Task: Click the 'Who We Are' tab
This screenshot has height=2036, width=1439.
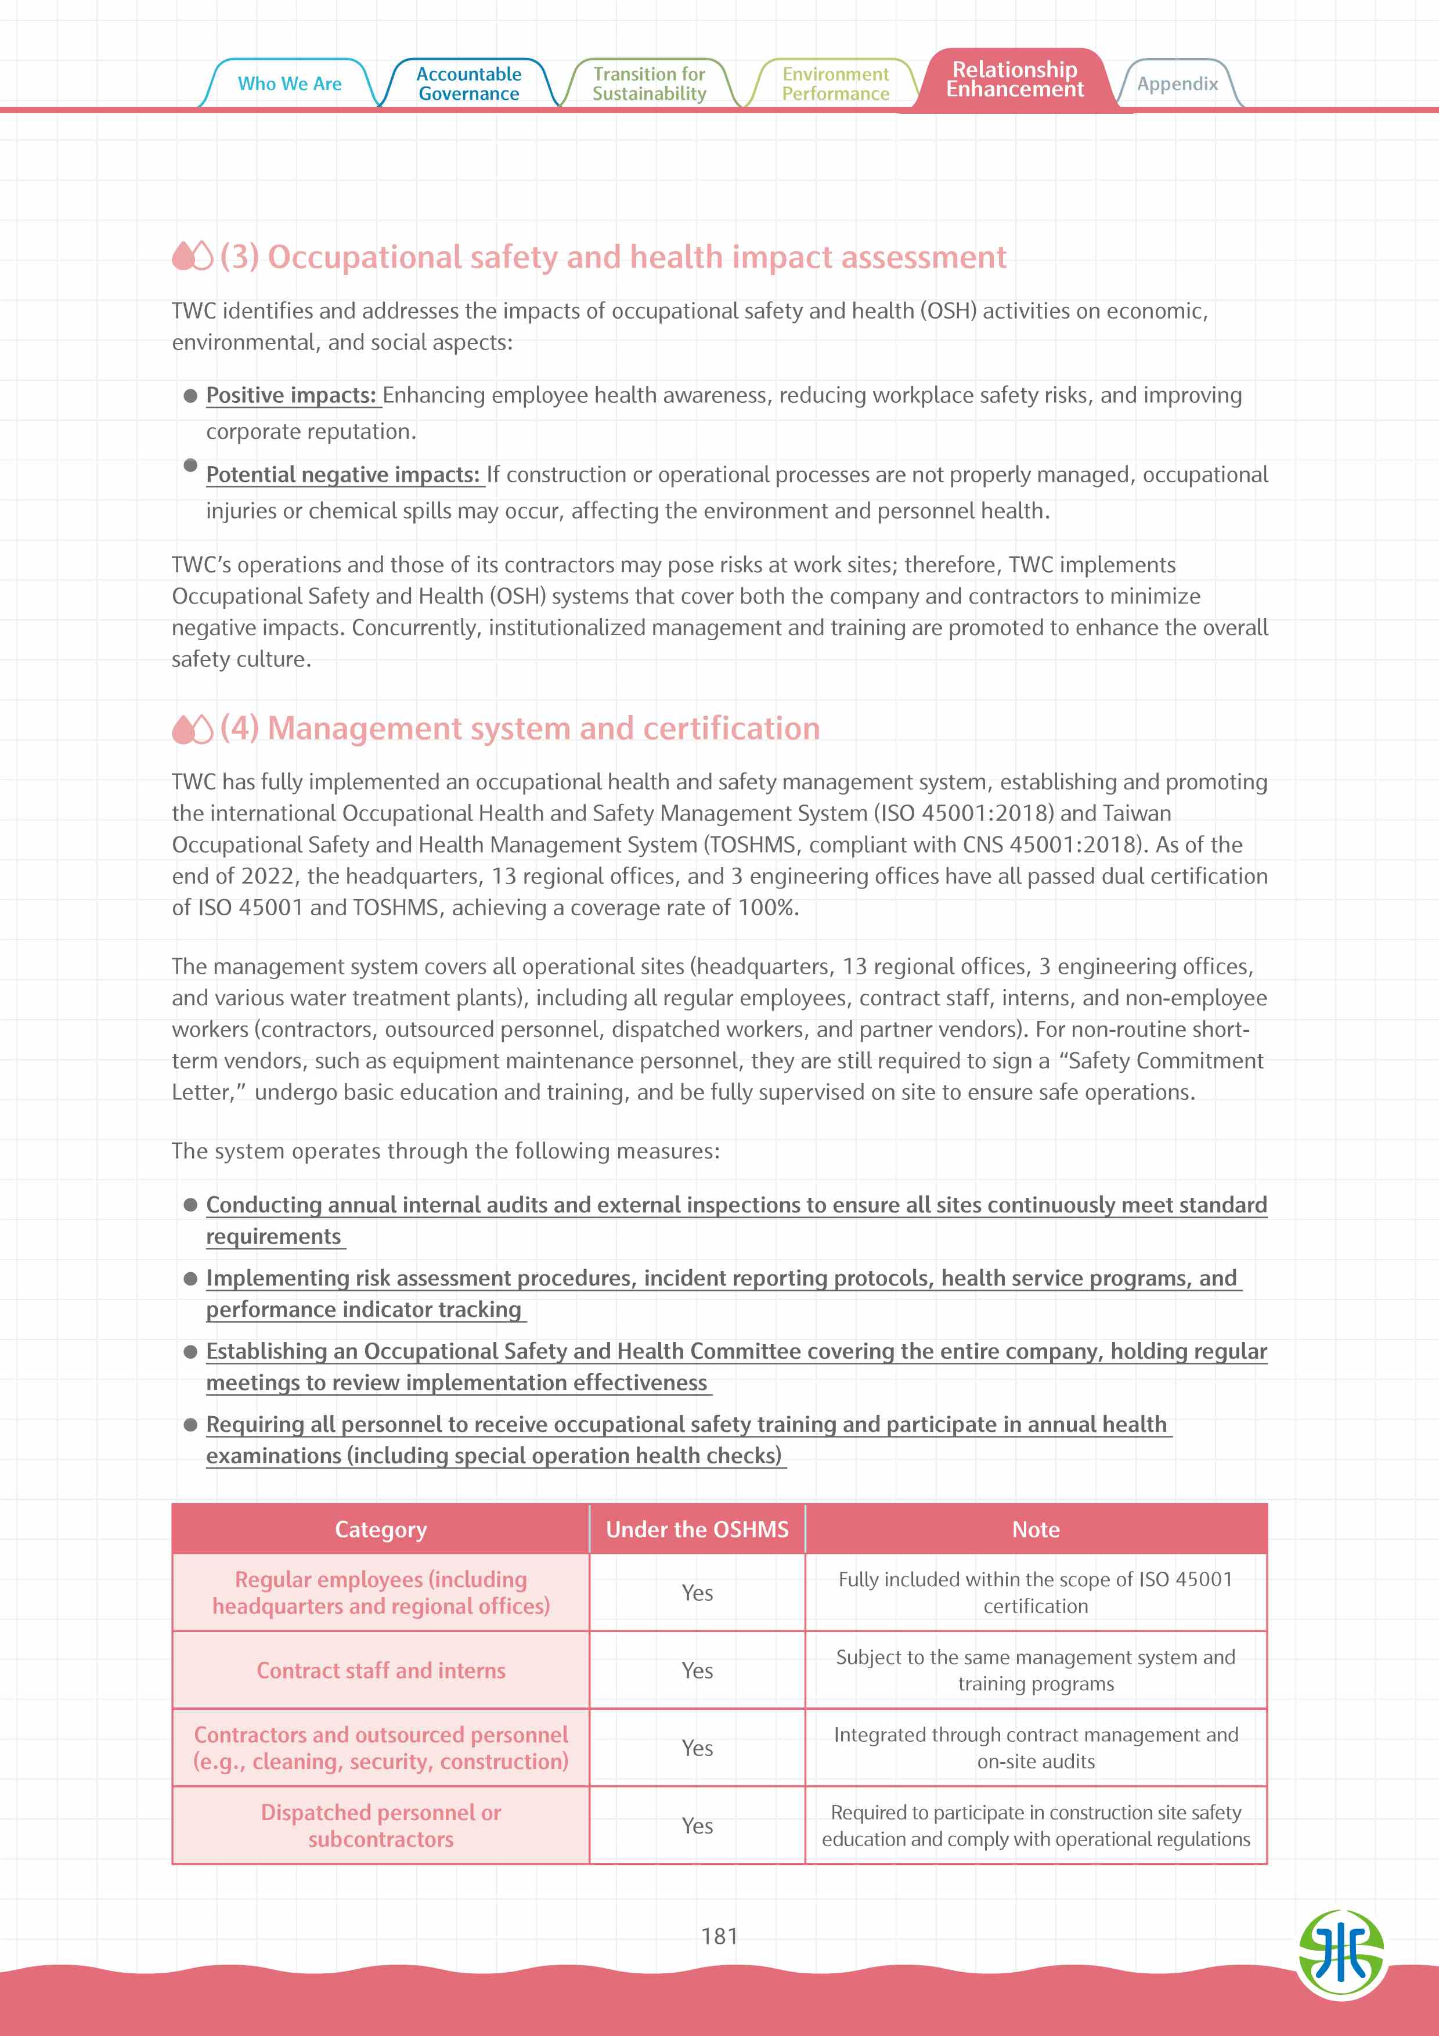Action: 289,84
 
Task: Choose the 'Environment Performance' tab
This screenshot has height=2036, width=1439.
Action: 835,84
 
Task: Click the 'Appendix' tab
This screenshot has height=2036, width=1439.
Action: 1177,84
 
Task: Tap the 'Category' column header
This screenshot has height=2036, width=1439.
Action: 380,1530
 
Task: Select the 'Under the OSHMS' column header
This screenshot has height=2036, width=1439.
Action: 697,1530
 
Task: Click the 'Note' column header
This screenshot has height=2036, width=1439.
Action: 1036,1530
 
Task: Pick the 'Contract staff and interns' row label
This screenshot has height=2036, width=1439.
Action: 380,1671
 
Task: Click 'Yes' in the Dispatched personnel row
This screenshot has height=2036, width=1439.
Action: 697,1826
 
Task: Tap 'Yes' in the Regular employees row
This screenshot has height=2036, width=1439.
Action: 697,1593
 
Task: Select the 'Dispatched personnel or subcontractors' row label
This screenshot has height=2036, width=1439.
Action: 380,1826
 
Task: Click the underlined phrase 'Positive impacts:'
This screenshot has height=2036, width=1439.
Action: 292,395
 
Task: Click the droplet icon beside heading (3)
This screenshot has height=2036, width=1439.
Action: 192,257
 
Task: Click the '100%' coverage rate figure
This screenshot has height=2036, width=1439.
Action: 767,908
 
